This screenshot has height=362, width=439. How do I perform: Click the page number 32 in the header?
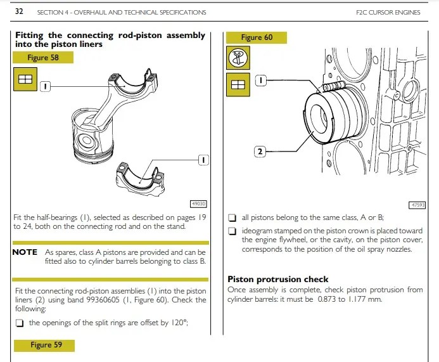point(19,11)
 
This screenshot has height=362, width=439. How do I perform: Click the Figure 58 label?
point(42,58)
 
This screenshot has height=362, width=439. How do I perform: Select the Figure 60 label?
point(257,37)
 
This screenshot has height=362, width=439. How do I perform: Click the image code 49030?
point(199,204)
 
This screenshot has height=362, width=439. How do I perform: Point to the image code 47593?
point(418,205)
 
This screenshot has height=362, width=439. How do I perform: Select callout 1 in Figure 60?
point(261,81)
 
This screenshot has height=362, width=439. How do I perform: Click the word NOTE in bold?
point(25,252)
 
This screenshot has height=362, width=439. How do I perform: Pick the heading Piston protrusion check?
point(277,279)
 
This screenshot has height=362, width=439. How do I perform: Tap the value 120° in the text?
point(179,322)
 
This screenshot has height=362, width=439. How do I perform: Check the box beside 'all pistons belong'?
point(232,217)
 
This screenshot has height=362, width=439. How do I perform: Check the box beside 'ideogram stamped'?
point(232,231)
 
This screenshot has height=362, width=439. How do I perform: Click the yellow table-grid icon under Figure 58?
point(25,80)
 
